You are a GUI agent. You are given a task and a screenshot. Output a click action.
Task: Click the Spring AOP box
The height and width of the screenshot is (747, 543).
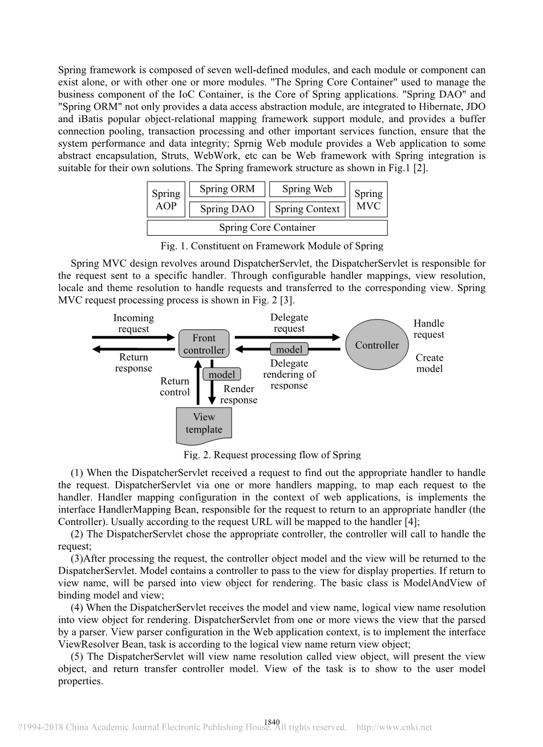click(166, 200)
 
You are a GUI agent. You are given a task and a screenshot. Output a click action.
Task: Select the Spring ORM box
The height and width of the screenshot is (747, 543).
click(227, 189)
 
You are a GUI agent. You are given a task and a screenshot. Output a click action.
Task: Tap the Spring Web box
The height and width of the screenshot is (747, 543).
click(307, 189)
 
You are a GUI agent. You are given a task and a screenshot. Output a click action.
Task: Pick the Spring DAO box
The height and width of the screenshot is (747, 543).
click(227, 209)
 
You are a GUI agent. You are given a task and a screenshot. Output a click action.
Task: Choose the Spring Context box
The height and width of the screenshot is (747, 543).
click(307, 209)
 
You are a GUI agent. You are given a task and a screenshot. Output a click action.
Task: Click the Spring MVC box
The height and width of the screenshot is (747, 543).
click(368, 200)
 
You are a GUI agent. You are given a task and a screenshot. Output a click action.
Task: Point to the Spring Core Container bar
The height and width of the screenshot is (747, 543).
click(267, 228)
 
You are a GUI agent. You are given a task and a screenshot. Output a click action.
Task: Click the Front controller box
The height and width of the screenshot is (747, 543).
click(204, 344)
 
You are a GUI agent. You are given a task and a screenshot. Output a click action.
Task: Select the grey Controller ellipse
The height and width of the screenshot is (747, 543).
click(376, 345)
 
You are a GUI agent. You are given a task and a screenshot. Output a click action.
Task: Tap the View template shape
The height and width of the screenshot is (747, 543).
click(204, 425)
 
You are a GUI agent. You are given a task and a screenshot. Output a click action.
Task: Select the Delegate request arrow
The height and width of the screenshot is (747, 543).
click(287, 337)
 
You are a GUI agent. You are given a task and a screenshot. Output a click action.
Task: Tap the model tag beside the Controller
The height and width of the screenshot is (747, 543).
click(289, 349)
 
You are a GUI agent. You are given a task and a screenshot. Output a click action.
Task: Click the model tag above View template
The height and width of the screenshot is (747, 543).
click(222, 374)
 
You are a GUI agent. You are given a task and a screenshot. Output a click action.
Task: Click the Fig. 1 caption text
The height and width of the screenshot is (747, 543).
click(271, 246)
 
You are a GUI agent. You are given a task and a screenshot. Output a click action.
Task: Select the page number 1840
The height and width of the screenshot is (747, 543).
click(271, 722)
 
